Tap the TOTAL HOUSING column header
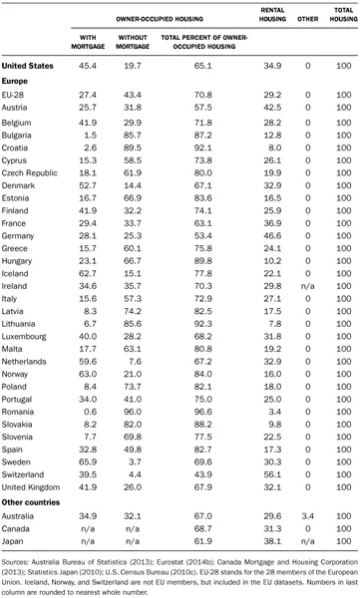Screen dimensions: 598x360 tap(342, 16)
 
